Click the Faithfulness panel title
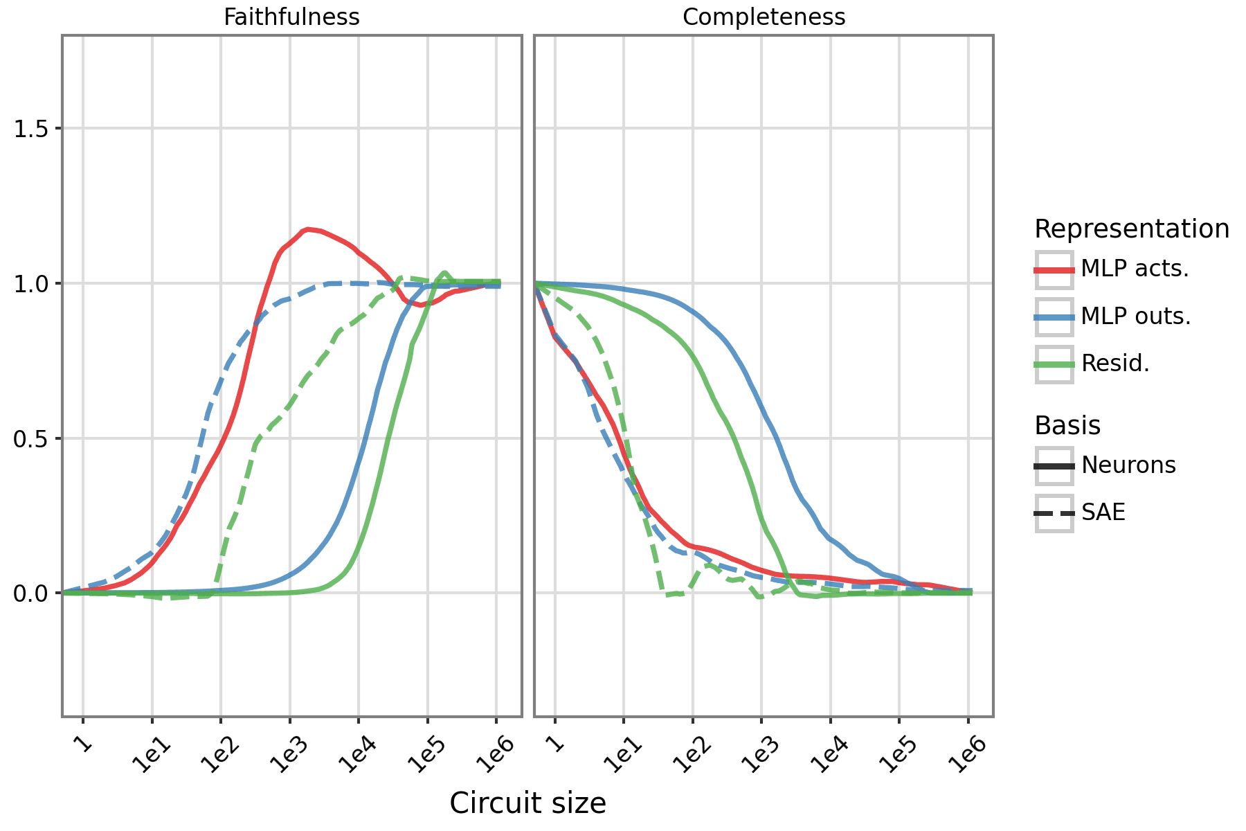click(291, 17)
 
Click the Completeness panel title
click(764, 17)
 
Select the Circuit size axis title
click(527, 803)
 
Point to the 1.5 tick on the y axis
click(30, 129)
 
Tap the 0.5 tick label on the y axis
click(30, 438)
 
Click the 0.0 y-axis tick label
click(30, 593)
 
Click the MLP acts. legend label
click(1135, 269)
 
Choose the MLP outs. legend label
click(1136, 316)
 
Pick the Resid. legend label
click(1115, 364)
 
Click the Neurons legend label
click(1128, 465)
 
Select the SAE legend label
click(1103, 512)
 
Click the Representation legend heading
click(1132, 229)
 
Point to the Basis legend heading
click(1067, 425)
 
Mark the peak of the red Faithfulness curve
click(307, 229)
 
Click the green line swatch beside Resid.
click(1054, 364)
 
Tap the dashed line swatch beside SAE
click(1054, 513)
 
